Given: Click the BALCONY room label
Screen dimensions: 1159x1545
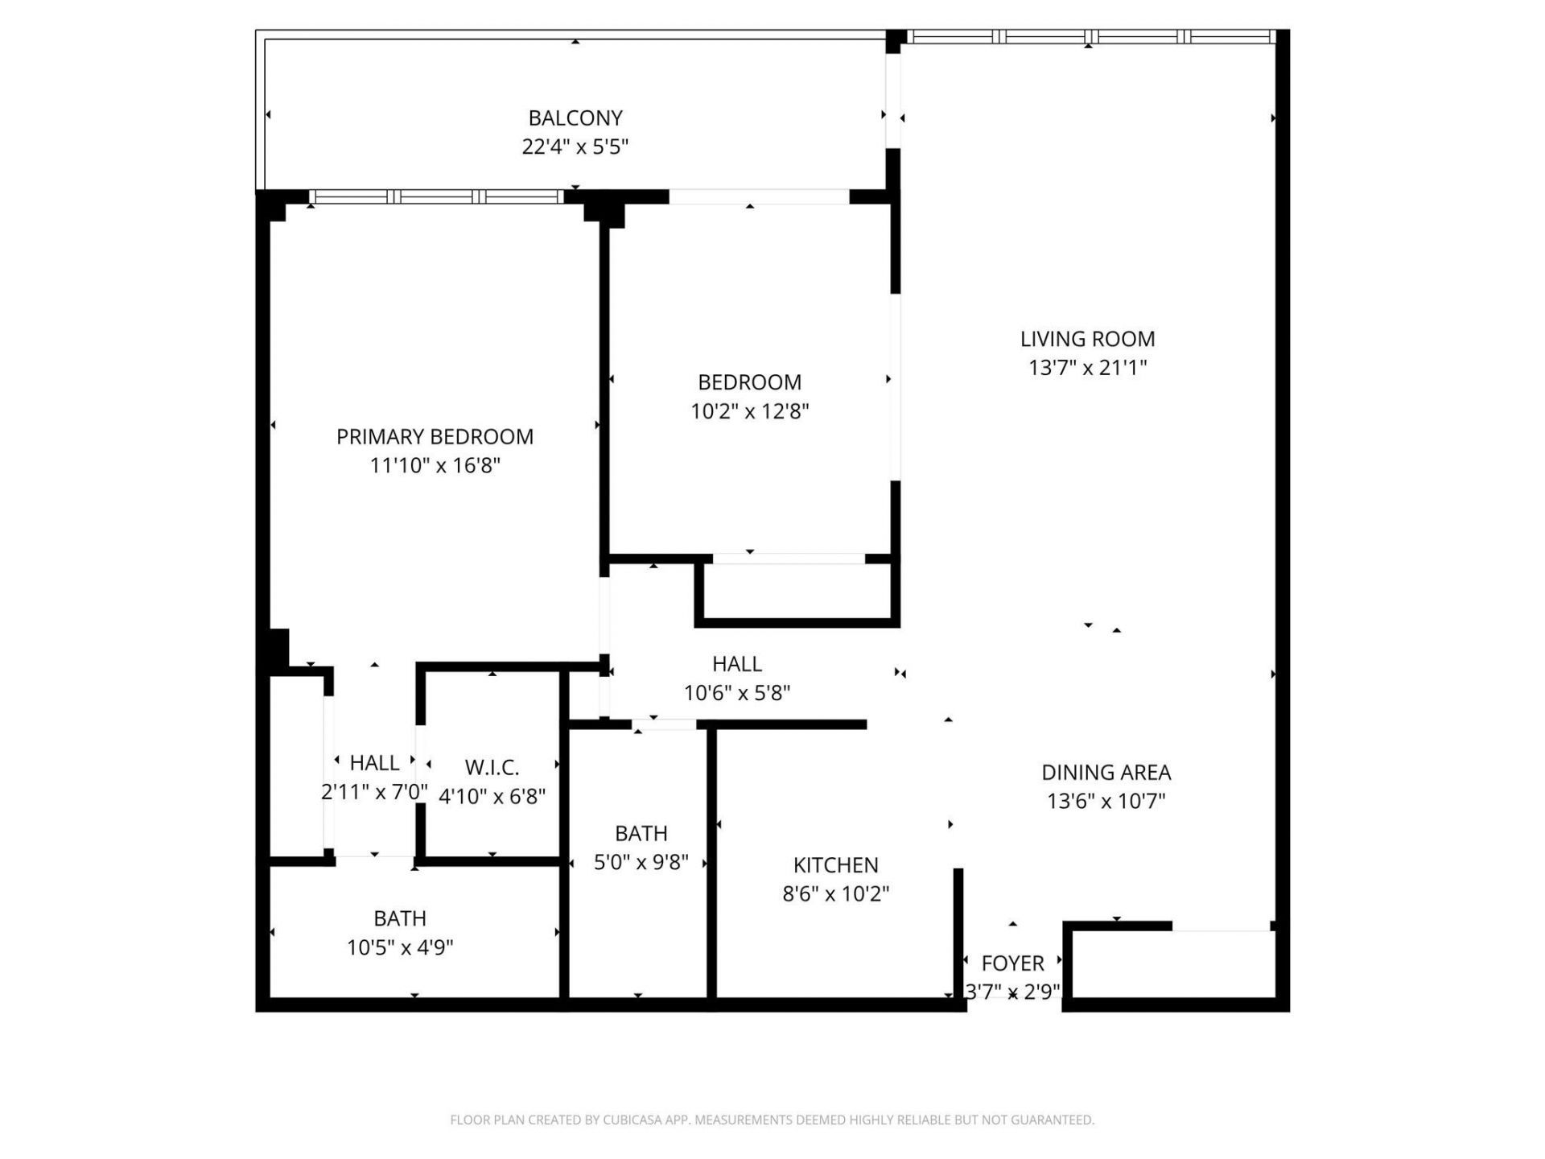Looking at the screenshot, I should pyautogui.click(x=575, y=118).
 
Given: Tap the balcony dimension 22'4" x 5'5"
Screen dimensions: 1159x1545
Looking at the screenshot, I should pyautogui.click(x=575, y=147).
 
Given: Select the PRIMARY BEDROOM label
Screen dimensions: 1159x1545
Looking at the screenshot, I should pyautogui.click(x=435, y=437).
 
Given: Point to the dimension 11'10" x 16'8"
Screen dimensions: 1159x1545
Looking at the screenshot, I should pyautogui.click(x=435, y=466).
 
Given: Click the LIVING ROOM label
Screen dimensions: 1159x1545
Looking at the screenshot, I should pyautogui.click(x=1087, y=340).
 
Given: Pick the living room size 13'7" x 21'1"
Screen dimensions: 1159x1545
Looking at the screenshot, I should pyautogui.click(x=1087, y=368).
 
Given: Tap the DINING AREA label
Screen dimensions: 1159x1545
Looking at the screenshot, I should pyautogui.click(x=1106, y=773).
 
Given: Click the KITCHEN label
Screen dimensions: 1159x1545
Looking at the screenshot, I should pyautogui.click(x=835, y=865).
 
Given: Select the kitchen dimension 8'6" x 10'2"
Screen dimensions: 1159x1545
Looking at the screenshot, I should pyautogui.click(x=835, y=894).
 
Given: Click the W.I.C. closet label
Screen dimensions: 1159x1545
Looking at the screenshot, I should pyautogui.click(x=492, y=767).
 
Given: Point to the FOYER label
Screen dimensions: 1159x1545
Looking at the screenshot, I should pyautogui.click(x=1012, y=963).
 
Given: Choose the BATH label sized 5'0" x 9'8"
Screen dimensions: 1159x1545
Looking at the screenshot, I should pyautogui.click(x=641, y=834).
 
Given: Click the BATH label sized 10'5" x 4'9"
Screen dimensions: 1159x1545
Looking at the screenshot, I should pyautogui.click(x=399, y=918).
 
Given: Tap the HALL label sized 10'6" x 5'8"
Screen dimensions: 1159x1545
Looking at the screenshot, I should pyautogui.click(x=736, y=664).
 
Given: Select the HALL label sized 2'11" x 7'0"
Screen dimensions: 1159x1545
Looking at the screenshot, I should pyautogui.click(x=374, y=763).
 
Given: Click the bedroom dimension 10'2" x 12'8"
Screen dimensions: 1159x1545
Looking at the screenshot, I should pyautogui.click(x=749, y=411).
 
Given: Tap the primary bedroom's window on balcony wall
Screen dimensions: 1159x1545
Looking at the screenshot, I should pyautogui.click(x=435, y=196).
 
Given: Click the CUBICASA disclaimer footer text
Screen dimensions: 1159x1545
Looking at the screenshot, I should pyautogui.click(x=772, y=1120).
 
